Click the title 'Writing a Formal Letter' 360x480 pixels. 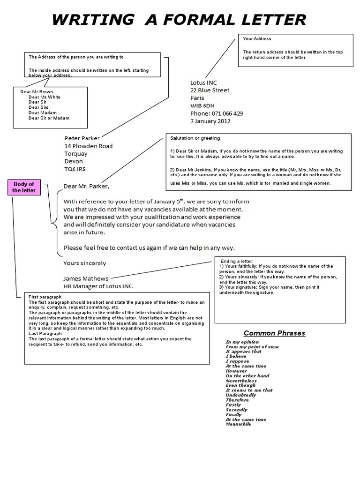[179, 20]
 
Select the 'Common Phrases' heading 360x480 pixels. [274, 333]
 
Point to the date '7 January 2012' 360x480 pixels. [210, 121]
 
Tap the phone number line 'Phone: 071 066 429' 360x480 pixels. [217, 113]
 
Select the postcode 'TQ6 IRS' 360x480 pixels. [75, 169]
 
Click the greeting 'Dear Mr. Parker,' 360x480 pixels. [86, 187]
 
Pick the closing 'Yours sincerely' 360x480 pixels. [85, 263]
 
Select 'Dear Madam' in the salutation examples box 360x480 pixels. [42, 112]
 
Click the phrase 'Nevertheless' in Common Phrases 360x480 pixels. [240, 381]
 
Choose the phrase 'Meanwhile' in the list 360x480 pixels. [238, 424]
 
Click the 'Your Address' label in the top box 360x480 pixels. [257, 39]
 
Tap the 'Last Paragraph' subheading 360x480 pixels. [45, 334]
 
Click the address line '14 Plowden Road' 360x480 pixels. [89, 146]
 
